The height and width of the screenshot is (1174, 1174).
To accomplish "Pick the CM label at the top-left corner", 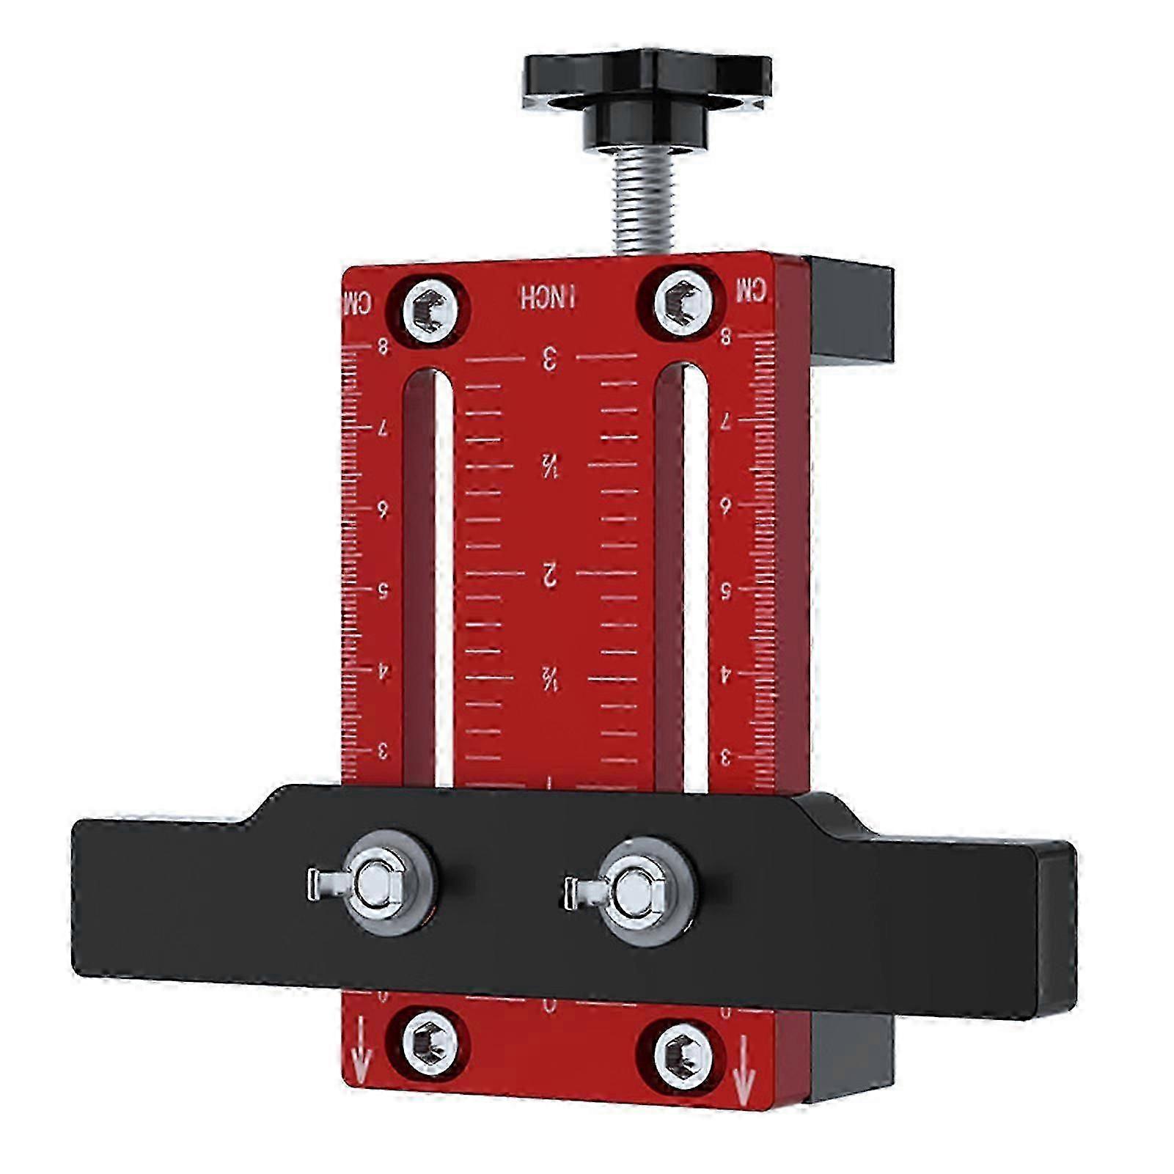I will pos(358,301).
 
